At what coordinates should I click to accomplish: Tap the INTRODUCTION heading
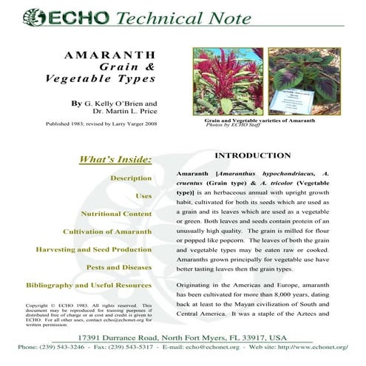tap(252, 155)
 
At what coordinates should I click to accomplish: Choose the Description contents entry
tap(131, 178)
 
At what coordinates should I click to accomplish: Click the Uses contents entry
tap(143, 196)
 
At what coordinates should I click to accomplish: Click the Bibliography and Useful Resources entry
tap(89, 285)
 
